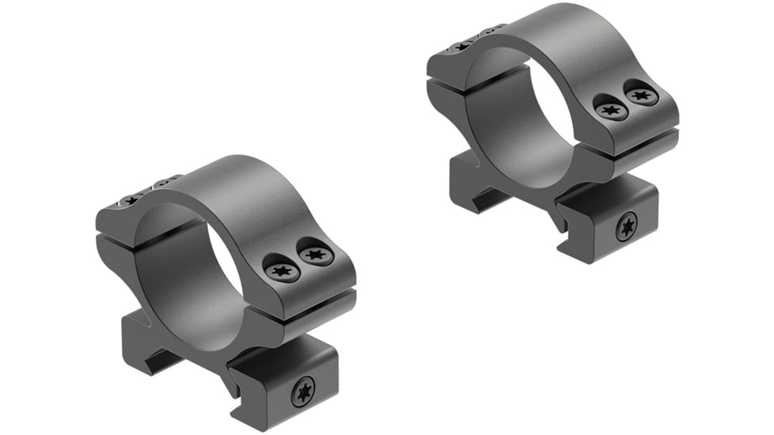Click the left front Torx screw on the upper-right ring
click(x=611, y=109)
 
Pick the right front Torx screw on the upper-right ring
click(x=642, y=94)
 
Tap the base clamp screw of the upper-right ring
click(x=627, y=228)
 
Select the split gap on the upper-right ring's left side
click(x=448, y=79)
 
